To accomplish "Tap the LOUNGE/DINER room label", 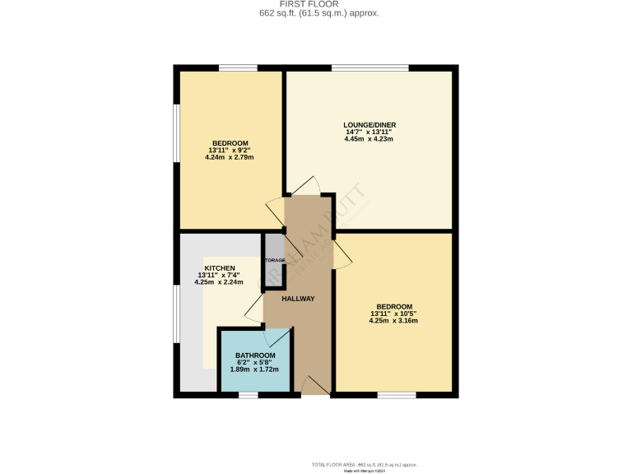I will pyautogui.click(x=369, y=126).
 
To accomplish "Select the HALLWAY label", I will pyautogui.click(x=298, y=299).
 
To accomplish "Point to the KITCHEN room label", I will pyautogui.click(x=221, y=268).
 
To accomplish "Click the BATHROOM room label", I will pyautogui.click(x=255, y=355).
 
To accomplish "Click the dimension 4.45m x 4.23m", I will pyautogui.click(x=369, y=139).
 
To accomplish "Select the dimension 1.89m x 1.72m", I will pyautogui.click(x=255, y=369).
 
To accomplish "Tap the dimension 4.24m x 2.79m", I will pyautogui.click(x=230, y=157).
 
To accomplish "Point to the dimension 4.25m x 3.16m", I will pyautogui.click(x=394, y=321).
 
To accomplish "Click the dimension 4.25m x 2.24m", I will pyautogui.click(x=220, y=282).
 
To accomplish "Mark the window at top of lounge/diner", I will pyautogui.click(x=369, y=67).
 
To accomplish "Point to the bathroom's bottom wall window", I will pyautogui.click(x=248, y=396).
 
